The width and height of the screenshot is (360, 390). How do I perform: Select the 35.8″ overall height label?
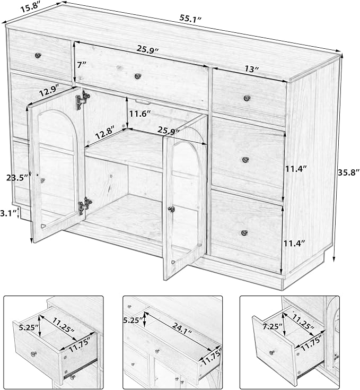pos(348,172)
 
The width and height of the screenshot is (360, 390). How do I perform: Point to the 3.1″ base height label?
pos(8,213)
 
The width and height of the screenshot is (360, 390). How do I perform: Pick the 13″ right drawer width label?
pos(251,68)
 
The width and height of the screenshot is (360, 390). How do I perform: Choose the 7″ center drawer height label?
pos(82,65)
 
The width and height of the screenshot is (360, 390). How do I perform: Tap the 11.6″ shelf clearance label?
pos(139,114)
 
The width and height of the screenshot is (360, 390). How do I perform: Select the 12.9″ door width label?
pos(49,91)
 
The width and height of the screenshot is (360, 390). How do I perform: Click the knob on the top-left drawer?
pos(38,55)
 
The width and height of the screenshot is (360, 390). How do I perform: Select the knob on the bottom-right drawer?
pos(244,233)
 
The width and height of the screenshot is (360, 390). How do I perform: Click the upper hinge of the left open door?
pos(83,100)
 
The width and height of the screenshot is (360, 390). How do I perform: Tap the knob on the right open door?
pos(171,209)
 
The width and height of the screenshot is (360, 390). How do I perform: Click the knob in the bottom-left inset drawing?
pos(33,354)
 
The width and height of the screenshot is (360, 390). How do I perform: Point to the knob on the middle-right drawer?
pos(245,159)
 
